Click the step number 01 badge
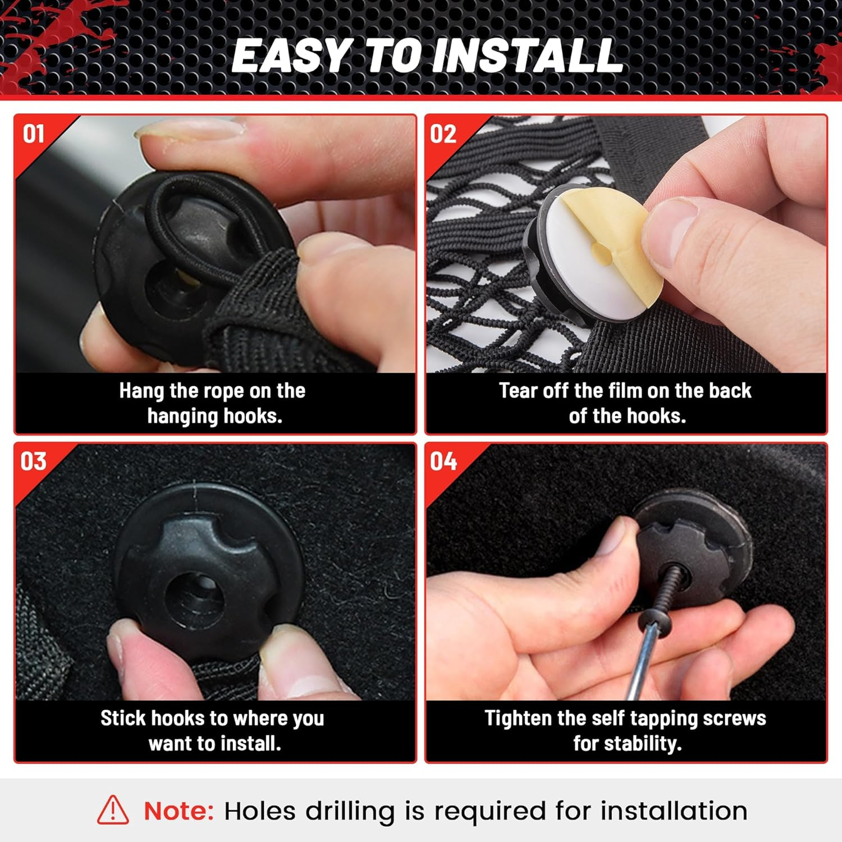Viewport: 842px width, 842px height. click(34, 134)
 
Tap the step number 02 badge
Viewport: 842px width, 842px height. click(443, 134)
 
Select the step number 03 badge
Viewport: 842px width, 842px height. click(34, 461)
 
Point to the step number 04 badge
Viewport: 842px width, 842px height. click(443, 461)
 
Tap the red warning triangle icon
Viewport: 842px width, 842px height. click(113, 809)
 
